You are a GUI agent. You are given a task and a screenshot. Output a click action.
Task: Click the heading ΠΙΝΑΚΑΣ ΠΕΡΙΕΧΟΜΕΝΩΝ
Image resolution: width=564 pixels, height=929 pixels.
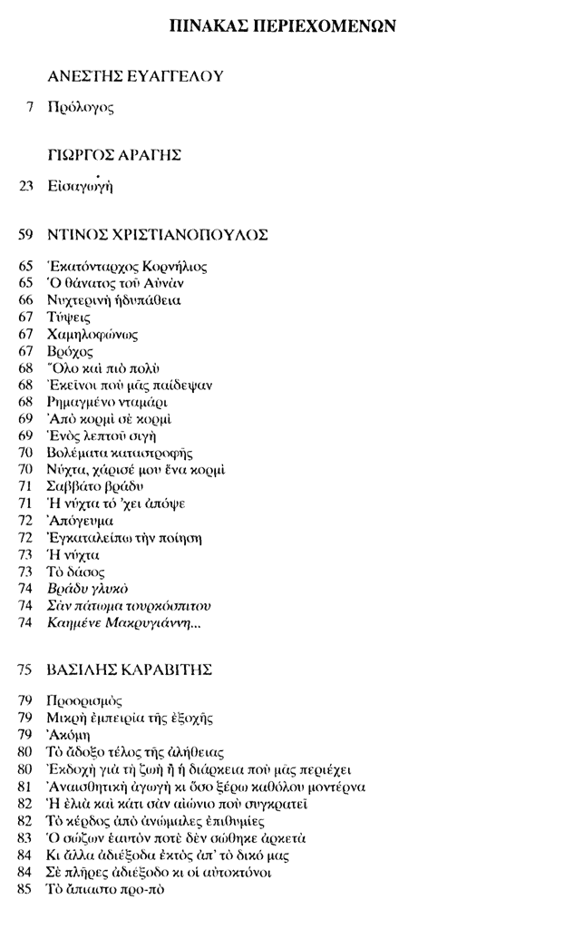[282, 25]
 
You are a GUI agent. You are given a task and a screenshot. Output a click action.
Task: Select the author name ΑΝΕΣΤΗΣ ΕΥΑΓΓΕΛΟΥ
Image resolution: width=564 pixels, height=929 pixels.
[135, 76]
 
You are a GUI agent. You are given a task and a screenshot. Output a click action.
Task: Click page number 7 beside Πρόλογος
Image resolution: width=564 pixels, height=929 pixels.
[30, 107]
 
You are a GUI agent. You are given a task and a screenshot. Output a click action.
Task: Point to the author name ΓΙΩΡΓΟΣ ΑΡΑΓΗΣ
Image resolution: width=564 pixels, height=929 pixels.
[114, 156]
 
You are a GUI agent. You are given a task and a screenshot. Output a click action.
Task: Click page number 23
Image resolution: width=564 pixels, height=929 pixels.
[26, 188]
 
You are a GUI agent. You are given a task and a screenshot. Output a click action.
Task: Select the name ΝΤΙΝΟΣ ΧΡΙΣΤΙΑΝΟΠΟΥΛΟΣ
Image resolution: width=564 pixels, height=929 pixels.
[158, 235]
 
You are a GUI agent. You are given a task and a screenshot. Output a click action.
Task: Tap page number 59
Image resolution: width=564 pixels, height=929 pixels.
[26, 235]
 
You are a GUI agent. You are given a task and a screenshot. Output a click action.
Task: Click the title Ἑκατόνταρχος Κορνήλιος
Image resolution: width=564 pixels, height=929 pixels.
[127, 267]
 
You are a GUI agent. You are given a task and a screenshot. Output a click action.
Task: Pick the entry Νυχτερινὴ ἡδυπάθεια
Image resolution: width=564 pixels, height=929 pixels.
[115, 300]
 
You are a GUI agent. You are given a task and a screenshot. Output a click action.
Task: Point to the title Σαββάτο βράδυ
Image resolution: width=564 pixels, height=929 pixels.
[95, 486]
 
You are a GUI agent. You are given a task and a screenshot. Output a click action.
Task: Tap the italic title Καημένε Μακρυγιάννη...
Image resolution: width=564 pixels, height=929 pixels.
[122, 621]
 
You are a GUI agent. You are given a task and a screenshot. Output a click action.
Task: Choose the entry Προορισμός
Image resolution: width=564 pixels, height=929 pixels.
[83, 701]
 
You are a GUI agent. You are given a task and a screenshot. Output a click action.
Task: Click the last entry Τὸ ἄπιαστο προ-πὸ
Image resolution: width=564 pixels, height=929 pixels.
[105, 888]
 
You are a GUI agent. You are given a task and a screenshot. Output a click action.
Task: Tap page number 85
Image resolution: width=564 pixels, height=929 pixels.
[26, 888]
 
